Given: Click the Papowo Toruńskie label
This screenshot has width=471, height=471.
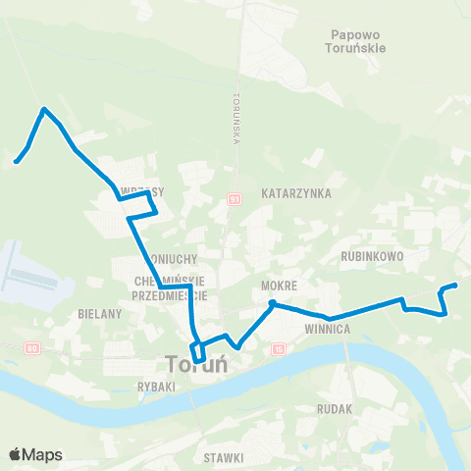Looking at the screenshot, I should tap(359, 39).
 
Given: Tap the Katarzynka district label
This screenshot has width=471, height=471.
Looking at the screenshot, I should tap(297, 194).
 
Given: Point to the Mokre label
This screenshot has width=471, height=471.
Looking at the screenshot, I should tap(278, 286).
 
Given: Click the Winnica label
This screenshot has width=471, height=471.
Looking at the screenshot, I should tap(328, 330).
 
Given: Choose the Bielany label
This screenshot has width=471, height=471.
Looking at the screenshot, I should tap(99, 314).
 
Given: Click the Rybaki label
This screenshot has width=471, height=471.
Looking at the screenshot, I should tap(156, 387).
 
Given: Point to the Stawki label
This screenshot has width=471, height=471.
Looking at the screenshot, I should tap(224, 456).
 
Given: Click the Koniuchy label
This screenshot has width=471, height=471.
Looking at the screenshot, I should tap(177, 259).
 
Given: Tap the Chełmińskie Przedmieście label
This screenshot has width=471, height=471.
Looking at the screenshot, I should tap(167, 287).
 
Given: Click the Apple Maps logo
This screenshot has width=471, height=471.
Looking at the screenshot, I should tap(35, 454).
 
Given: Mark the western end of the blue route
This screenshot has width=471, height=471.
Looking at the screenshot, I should tap(16, 162).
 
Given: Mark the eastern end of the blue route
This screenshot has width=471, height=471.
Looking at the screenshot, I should tap(456, 286).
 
